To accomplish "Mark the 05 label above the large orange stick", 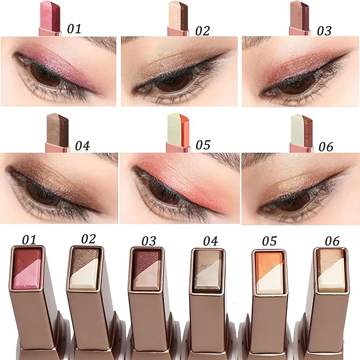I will point(269,240).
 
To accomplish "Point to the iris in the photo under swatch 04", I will point(45,192).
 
